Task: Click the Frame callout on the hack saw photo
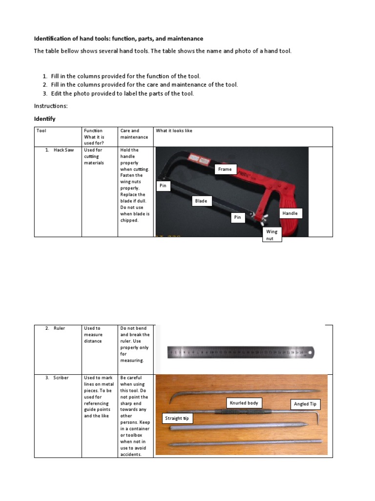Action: point(226,169)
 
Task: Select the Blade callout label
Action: point(201,201)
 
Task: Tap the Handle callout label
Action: point(291,213)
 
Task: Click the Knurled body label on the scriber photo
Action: point(244,403)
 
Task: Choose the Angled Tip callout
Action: point(306,404)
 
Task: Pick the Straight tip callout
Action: point(177,418)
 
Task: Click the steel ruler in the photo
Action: point(241,352)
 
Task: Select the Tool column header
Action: point(42,131)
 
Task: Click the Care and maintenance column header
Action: point(130,134)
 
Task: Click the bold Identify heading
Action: point(45,119)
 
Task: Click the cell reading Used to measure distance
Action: point(93,335)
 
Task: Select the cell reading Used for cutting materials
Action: point(94,157)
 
